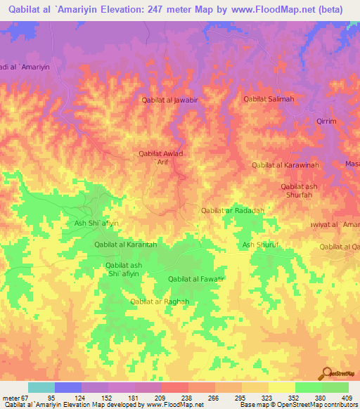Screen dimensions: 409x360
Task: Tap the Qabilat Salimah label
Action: click(268, 100)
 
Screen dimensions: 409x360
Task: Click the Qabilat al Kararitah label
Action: click(125, 244)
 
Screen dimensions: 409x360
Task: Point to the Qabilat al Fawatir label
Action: click(195, 279)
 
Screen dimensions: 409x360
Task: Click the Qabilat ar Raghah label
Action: click(160, 301)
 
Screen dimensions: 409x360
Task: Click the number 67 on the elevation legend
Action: click(24, 397)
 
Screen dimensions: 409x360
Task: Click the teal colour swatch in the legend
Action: click(41, 387)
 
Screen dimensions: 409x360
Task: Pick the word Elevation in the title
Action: click(131, 8)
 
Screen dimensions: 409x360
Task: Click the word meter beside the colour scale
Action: click(10, 397)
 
